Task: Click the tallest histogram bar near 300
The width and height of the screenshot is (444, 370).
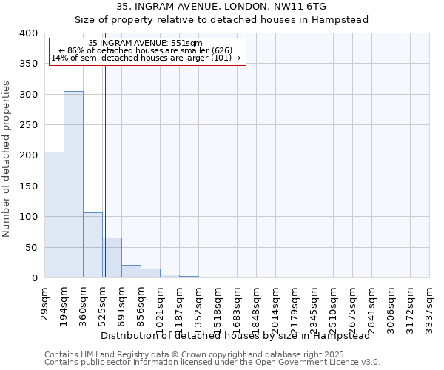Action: [x=73, y=184]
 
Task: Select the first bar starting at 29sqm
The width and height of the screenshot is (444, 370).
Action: [x=54, y=215]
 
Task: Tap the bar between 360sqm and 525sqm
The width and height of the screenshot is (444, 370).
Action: [x=92, y=245]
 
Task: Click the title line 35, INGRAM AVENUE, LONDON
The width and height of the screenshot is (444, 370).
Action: [x=222, y=7]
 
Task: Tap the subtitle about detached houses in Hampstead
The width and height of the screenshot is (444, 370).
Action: [x=222, y=20]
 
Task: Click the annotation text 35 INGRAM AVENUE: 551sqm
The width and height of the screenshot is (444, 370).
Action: [x=145, y=44]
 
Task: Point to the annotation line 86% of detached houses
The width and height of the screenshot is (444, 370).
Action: [x=145, y=50]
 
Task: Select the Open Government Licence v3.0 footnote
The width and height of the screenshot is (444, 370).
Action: [x=212, y=362]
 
